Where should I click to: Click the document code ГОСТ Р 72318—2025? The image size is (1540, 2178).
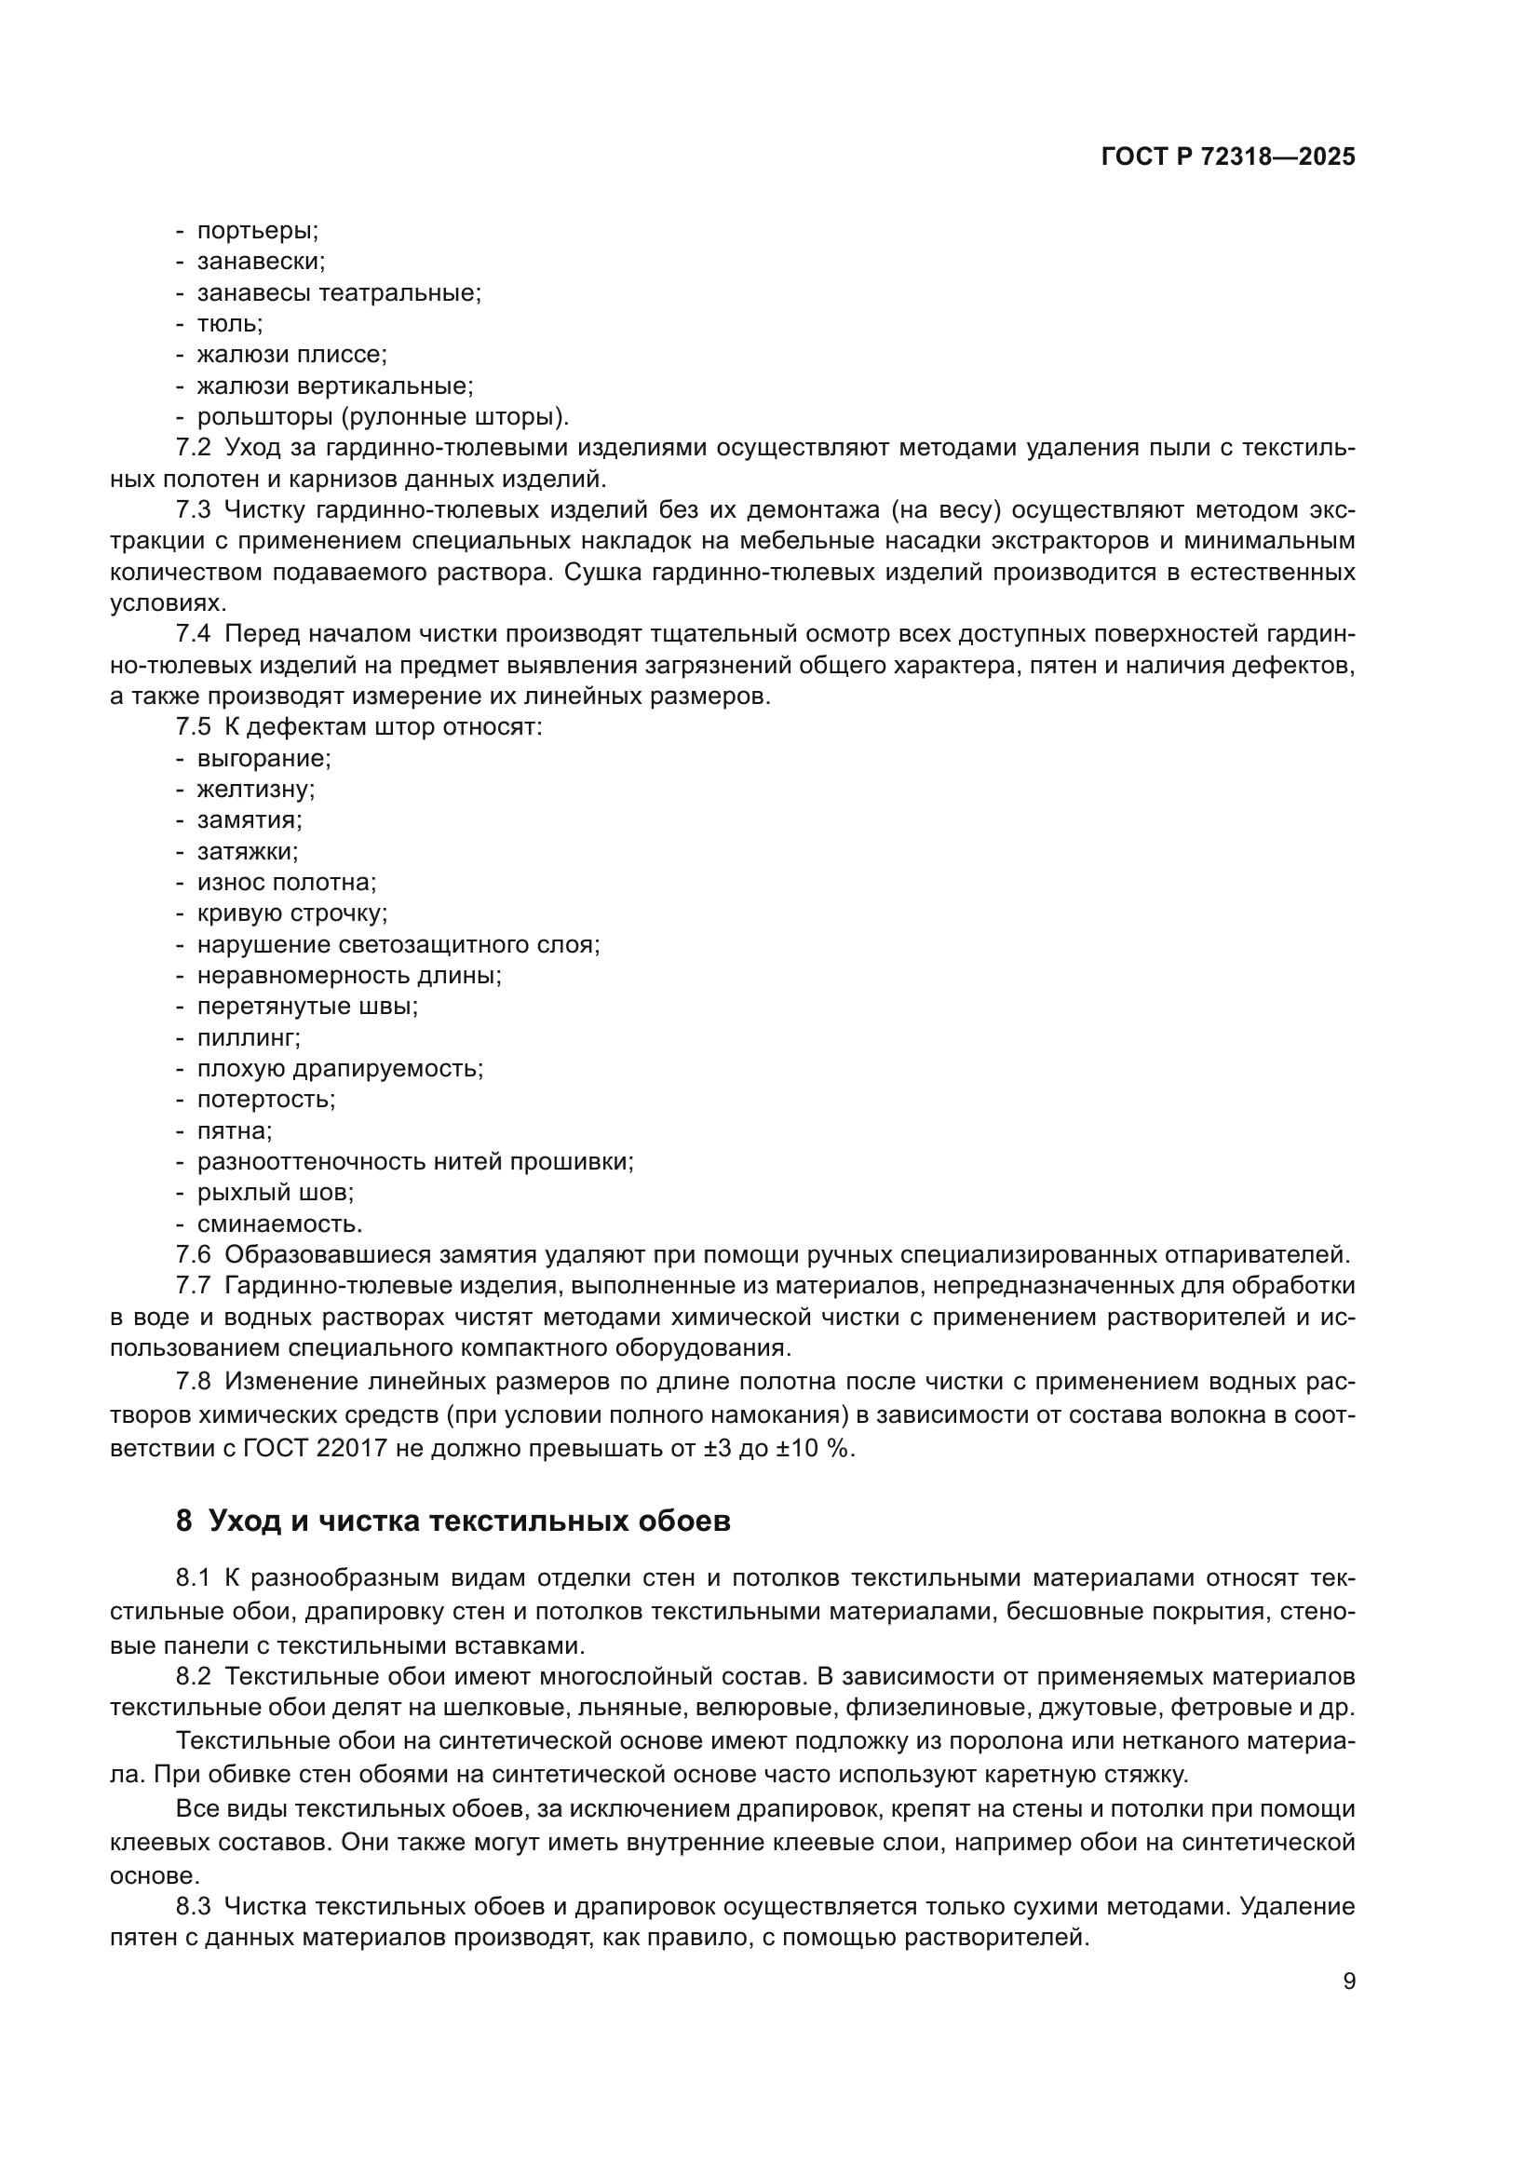1228,157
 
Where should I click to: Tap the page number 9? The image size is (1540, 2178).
1349,1982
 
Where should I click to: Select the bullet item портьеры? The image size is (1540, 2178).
257,231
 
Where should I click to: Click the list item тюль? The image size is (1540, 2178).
229,323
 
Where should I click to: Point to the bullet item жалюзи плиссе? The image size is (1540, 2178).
292,355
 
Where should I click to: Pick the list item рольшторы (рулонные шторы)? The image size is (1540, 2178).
382,416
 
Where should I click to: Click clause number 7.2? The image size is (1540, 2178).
194,448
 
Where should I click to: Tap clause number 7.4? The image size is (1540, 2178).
194,634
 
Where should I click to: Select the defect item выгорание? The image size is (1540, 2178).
263,758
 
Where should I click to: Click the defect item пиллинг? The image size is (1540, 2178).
249,1036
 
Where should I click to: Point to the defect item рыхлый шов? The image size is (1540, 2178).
275,1193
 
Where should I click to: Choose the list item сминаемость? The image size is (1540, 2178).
279,1224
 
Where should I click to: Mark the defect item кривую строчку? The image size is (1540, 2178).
292,913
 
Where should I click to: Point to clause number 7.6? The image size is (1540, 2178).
194,1255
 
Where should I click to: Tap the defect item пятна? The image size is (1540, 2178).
235,1130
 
